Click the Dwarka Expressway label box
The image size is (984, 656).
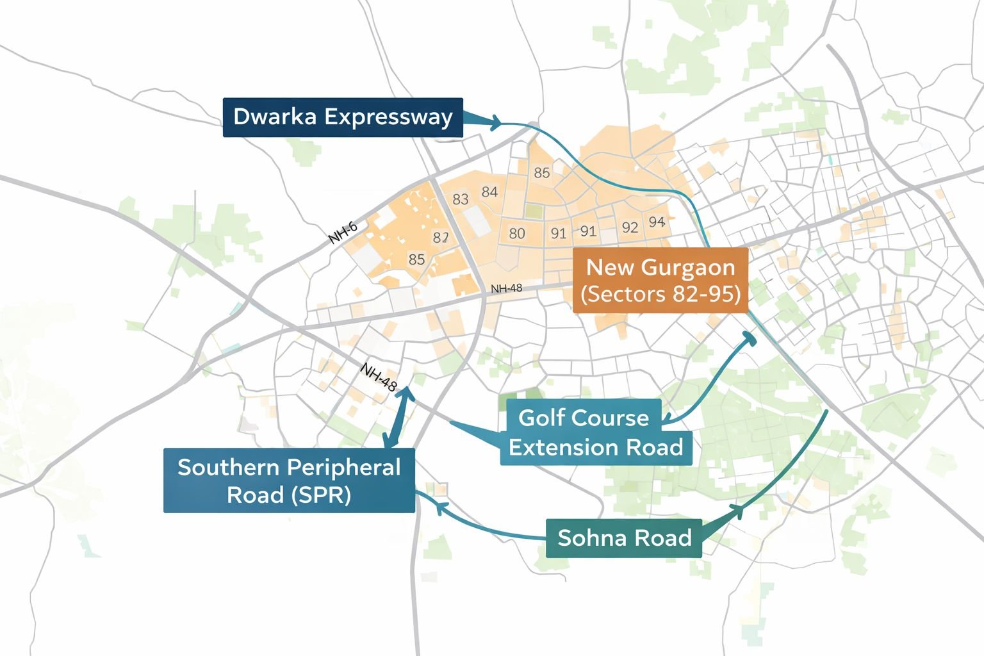click(343, 117)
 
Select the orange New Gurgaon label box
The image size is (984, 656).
click(660, 280)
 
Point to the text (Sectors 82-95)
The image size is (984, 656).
click(660, 294)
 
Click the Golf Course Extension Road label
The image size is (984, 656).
click(596, 432)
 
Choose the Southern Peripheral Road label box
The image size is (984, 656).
click(289, 480)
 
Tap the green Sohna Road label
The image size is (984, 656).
click(624, 537)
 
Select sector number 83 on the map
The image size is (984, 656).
click(460, 199)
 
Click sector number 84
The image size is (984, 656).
click(489, 192)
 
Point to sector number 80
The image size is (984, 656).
click(517, 233)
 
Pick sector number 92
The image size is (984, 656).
click(630, 227)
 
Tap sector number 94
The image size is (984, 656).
click(657, 222)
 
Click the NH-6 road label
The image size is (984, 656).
click(343, 233)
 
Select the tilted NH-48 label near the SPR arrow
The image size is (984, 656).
click(379, 377)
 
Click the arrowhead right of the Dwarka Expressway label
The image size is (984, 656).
click(494, 122)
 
